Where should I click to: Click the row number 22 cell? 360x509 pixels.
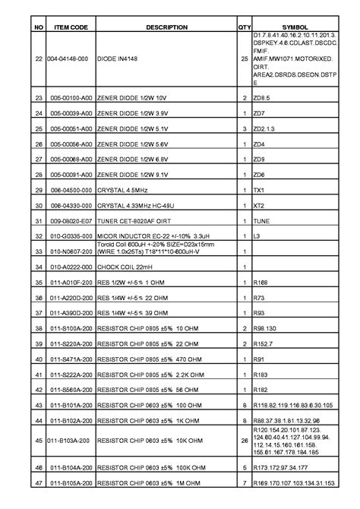click(x=39, y=58)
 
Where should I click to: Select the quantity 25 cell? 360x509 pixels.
click(x=245, y=58)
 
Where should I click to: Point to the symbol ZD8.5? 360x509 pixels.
click(x=262, y=99)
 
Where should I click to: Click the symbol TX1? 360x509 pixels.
click(x=258, y=190)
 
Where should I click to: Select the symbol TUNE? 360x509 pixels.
click(x=261, y=221)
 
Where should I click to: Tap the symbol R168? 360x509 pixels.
click(x=261, y=283)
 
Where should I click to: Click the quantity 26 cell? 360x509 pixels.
click(x=245, y=440)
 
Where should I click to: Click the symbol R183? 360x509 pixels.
click(x=261, y=375)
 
